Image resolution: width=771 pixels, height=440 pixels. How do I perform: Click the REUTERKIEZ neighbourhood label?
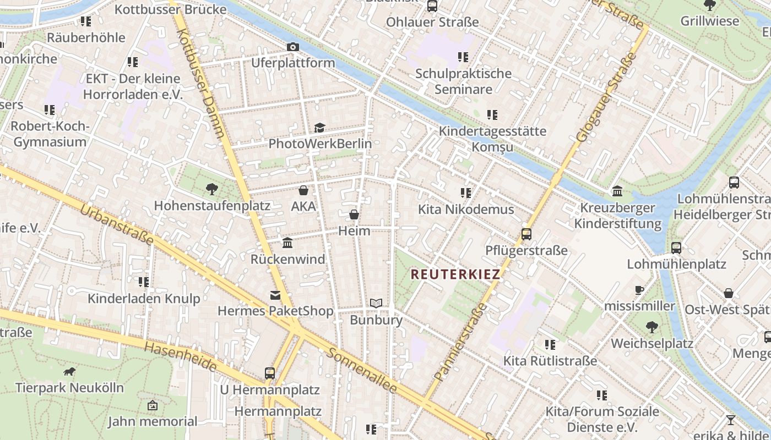(x=455, y=274)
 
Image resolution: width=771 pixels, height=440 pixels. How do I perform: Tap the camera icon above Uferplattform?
(x=293, y=47)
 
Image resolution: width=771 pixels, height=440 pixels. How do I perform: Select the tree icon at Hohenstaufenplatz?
(x=211, y=190)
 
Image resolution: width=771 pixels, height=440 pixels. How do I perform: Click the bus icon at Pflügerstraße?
(x=526, y=234)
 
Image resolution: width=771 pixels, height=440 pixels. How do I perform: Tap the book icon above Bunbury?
(x=376, y=304)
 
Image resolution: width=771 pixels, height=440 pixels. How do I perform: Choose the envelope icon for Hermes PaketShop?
(x=275, y=295)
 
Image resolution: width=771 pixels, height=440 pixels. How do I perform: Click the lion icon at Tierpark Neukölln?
(x=69, y=372)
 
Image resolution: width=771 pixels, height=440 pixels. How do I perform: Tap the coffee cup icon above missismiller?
(x=639, y=290)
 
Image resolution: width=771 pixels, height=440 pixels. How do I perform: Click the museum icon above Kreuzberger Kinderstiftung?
(x=617, y=191)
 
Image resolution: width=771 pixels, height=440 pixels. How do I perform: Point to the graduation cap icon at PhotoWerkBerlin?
(x=319, y=128)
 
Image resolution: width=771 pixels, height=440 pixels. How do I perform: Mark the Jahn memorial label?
(x=152, y=421)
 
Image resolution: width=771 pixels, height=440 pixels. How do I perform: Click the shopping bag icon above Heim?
(x=354, y=215)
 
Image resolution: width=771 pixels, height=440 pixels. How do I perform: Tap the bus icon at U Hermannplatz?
(x=270, y=373)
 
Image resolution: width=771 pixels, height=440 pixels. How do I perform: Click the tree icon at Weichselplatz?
(x=651, y=327)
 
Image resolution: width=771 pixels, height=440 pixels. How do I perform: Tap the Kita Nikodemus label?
(x=466, y=210)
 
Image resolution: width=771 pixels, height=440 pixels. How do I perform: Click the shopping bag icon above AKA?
(x=303, y=191)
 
